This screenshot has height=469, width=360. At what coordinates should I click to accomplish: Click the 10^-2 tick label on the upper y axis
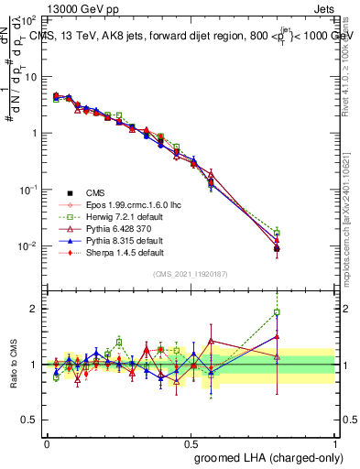tap(27, 246)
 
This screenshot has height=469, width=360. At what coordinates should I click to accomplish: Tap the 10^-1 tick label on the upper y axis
tap(27, 190)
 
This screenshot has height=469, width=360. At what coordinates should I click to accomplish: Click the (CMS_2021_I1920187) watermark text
tap(191, 274)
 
